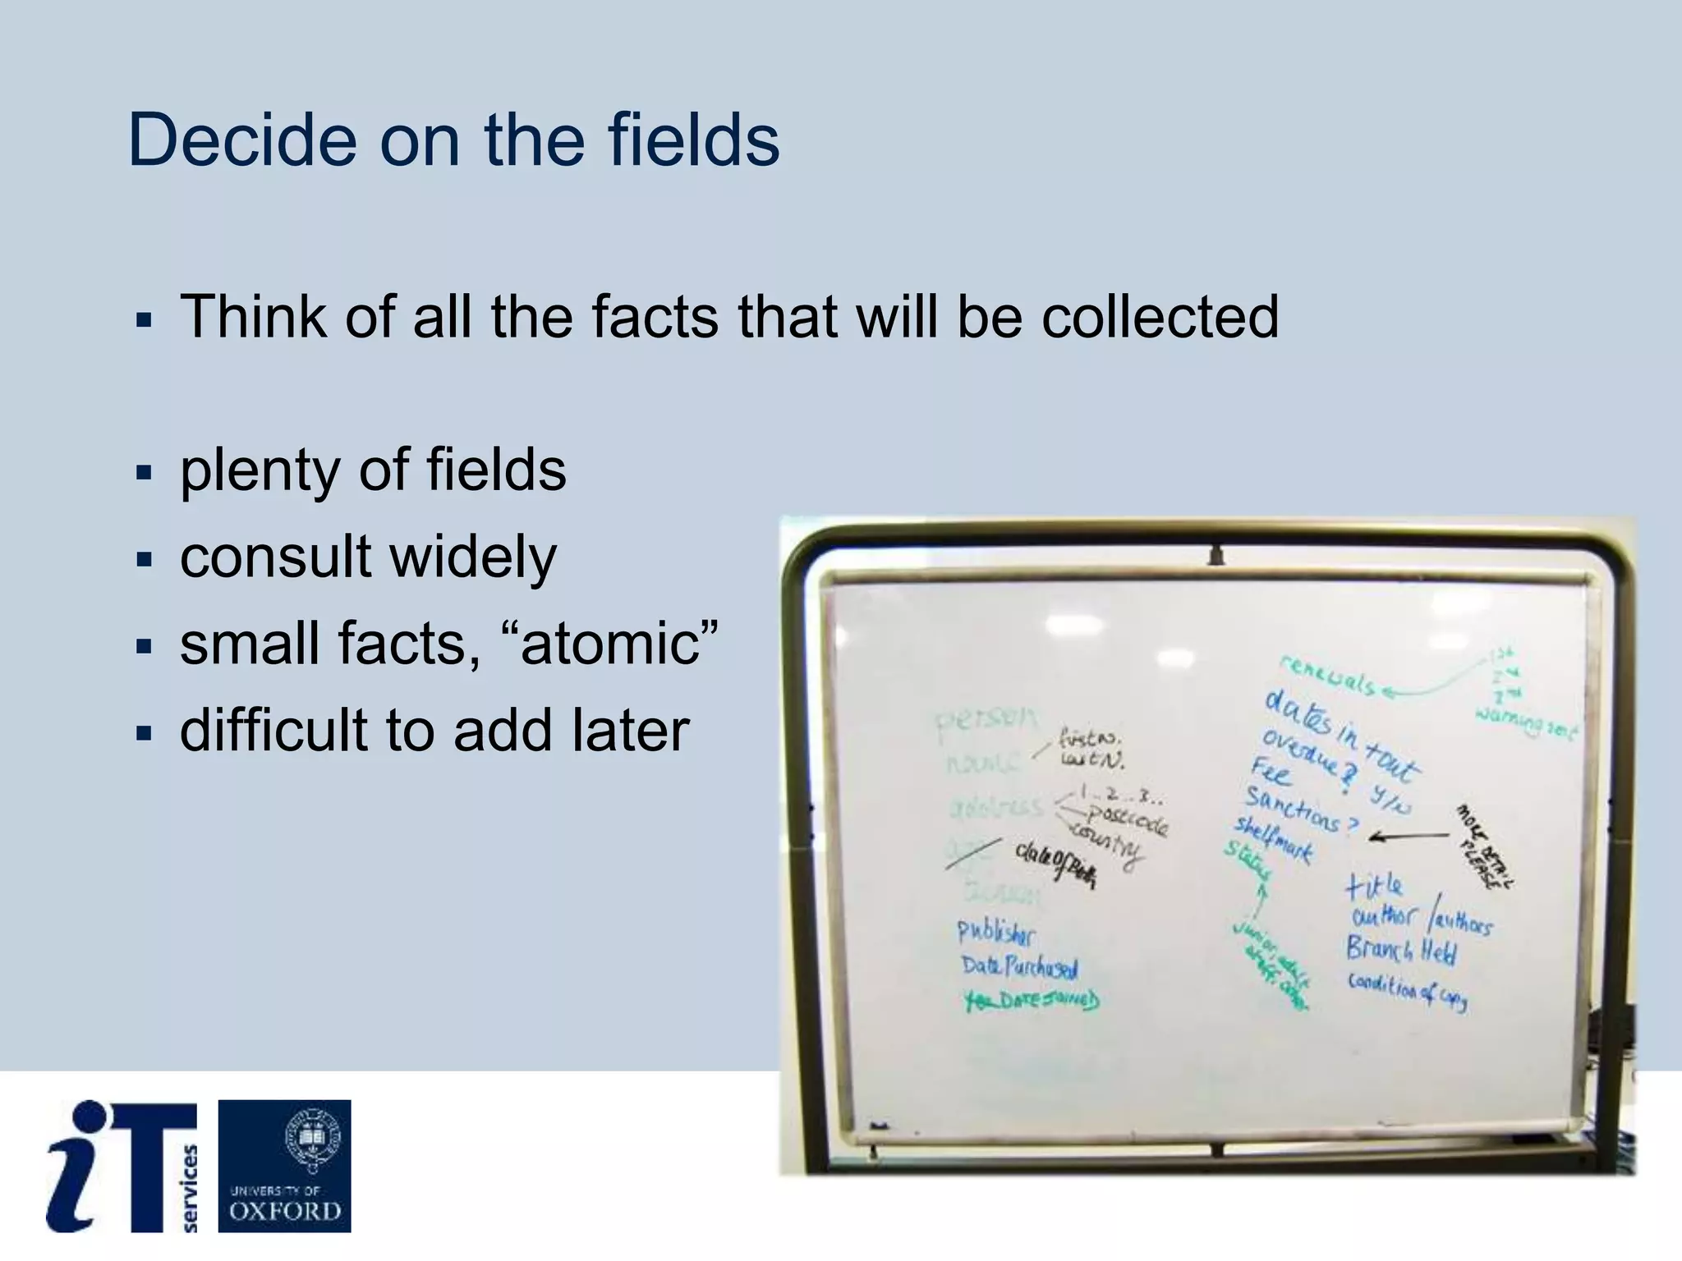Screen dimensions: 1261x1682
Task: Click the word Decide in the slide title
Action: coord(242,140)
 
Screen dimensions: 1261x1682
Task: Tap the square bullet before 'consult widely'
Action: coord(145,561)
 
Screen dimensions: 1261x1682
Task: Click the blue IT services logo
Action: coord(122,1166)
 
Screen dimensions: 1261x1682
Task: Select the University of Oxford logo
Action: coord(284,1166)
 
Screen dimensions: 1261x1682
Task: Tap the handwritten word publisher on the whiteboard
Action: coord(996,933)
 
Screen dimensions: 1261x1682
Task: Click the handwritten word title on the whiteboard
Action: coord(1374,886)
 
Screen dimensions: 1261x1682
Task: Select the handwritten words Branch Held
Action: coord(1401,950)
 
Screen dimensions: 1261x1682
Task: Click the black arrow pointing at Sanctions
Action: coord(1409,837)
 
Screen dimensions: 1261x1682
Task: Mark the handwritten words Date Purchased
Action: coord(1019,967)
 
